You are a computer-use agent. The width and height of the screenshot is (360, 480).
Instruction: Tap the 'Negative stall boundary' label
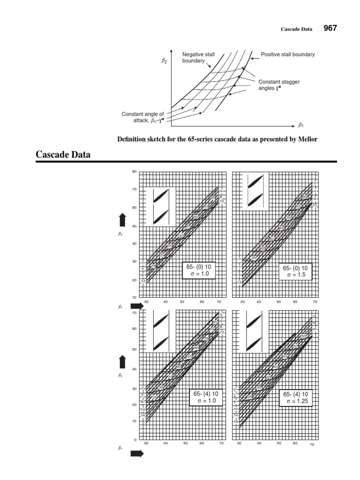click(x=198, y=58)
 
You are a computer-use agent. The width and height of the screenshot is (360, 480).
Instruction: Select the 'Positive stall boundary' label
click(x=288, y=54)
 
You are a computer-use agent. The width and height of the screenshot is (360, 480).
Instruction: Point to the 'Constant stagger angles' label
click(x=279, y=85)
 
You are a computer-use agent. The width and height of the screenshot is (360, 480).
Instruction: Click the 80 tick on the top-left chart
click(x=135, y=171)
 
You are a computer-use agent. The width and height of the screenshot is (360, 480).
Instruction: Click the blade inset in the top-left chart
click(x=161, y=206)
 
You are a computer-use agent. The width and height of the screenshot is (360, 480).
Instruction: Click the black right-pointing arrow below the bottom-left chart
click(x=136, y=453)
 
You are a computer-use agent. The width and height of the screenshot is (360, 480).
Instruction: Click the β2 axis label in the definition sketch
click(x=164, y=61)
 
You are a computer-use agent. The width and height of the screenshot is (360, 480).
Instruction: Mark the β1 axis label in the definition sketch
click(x=300, y=125)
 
